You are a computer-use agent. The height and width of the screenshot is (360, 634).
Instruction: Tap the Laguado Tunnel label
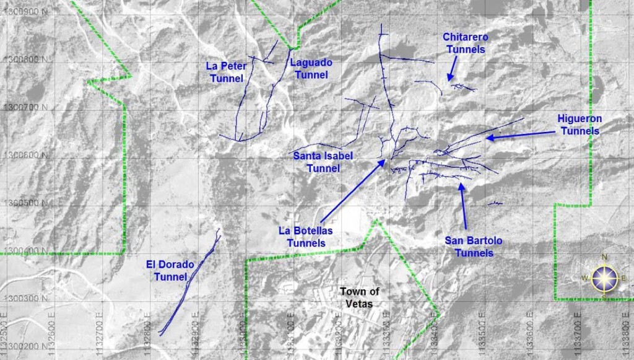(311, 69)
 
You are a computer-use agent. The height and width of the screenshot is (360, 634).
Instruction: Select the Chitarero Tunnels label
(464, 43)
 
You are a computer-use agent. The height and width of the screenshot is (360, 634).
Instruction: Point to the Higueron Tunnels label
(579, 125)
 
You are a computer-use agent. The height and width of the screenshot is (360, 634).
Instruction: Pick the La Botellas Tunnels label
(306, 237)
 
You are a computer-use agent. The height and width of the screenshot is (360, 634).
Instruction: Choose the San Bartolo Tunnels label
(474, 247)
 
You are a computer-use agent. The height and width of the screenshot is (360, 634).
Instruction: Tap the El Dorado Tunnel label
(170, 271)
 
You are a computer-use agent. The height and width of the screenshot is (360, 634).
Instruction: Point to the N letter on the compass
(604, 257)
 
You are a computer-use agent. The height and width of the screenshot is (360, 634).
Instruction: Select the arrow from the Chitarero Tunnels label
(453, 68)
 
